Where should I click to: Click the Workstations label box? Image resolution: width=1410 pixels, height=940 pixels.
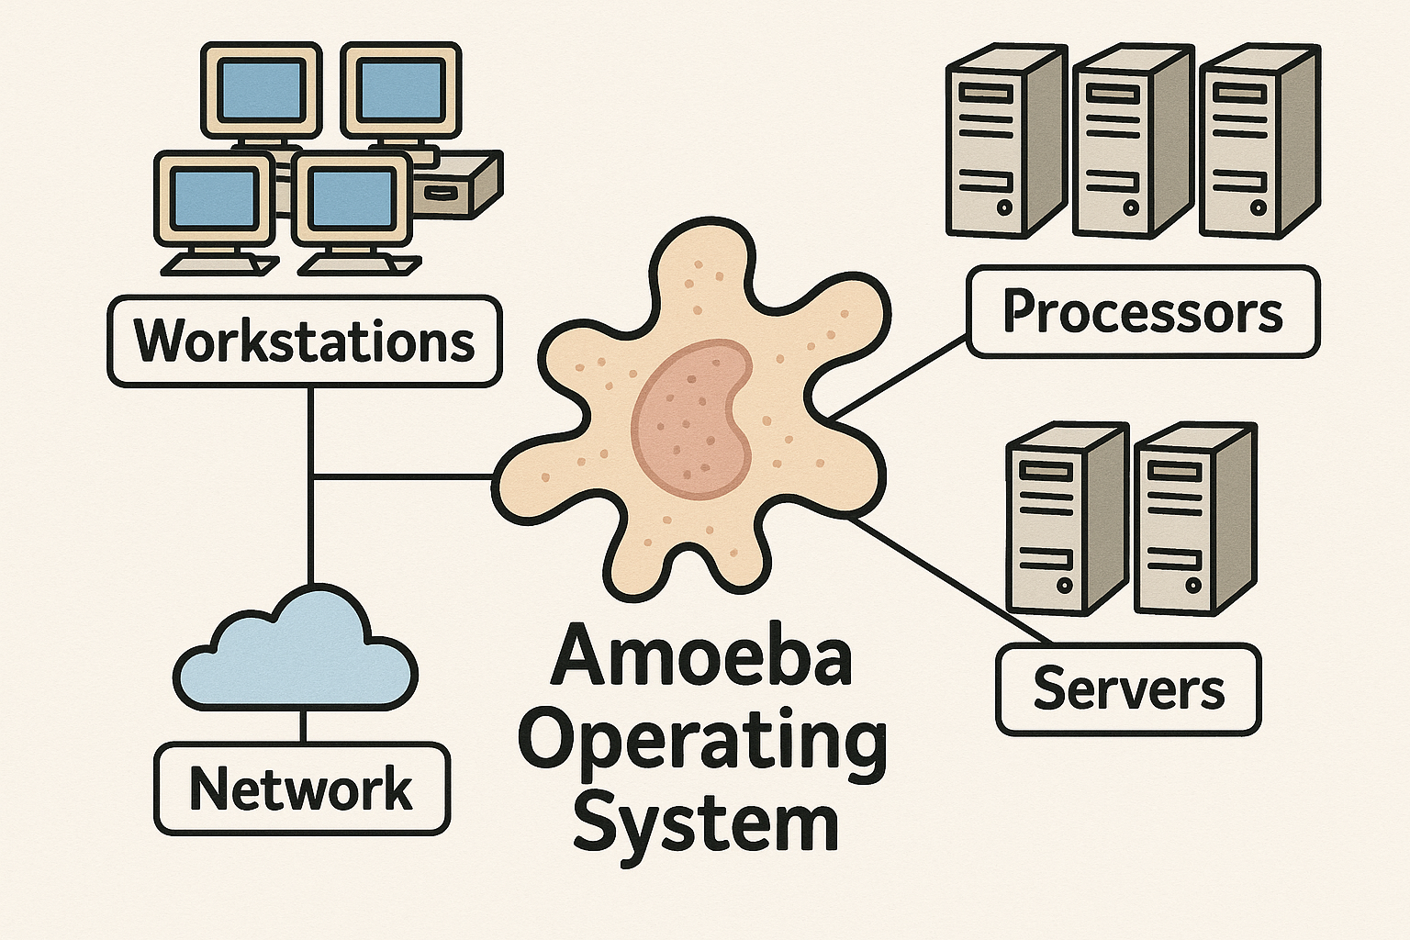click(x=304, y=341)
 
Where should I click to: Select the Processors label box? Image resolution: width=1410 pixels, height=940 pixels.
click(x=1143, y=312)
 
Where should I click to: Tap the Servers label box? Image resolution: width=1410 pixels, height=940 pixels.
click(x=1128, y=688)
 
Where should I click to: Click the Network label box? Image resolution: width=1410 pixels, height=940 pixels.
click(x=302, y=789)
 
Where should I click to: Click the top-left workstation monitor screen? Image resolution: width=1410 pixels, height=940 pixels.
click(x=262, y=89)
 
